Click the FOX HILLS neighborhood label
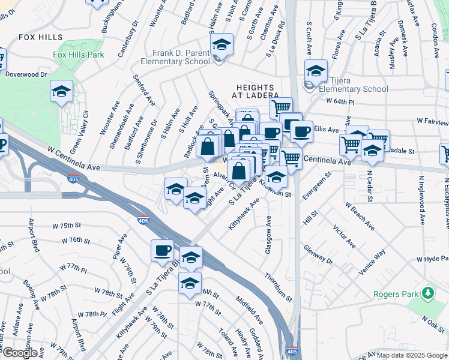pos(40,37)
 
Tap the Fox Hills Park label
pos(78,55)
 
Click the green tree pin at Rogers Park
pos(428,293)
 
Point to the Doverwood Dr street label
pos(26,74)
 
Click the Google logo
pos(20,353)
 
